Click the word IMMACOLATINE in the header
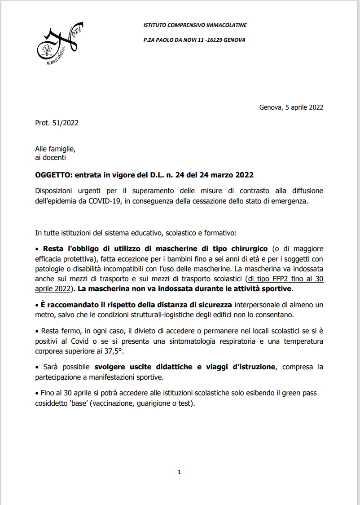(226, 25)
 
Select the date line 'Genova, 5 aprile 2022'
(291, 107)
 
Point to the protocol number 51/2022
(65, 123)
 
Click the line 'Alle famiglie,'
(55, 149)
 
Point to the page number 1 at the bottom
(179, 472)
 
